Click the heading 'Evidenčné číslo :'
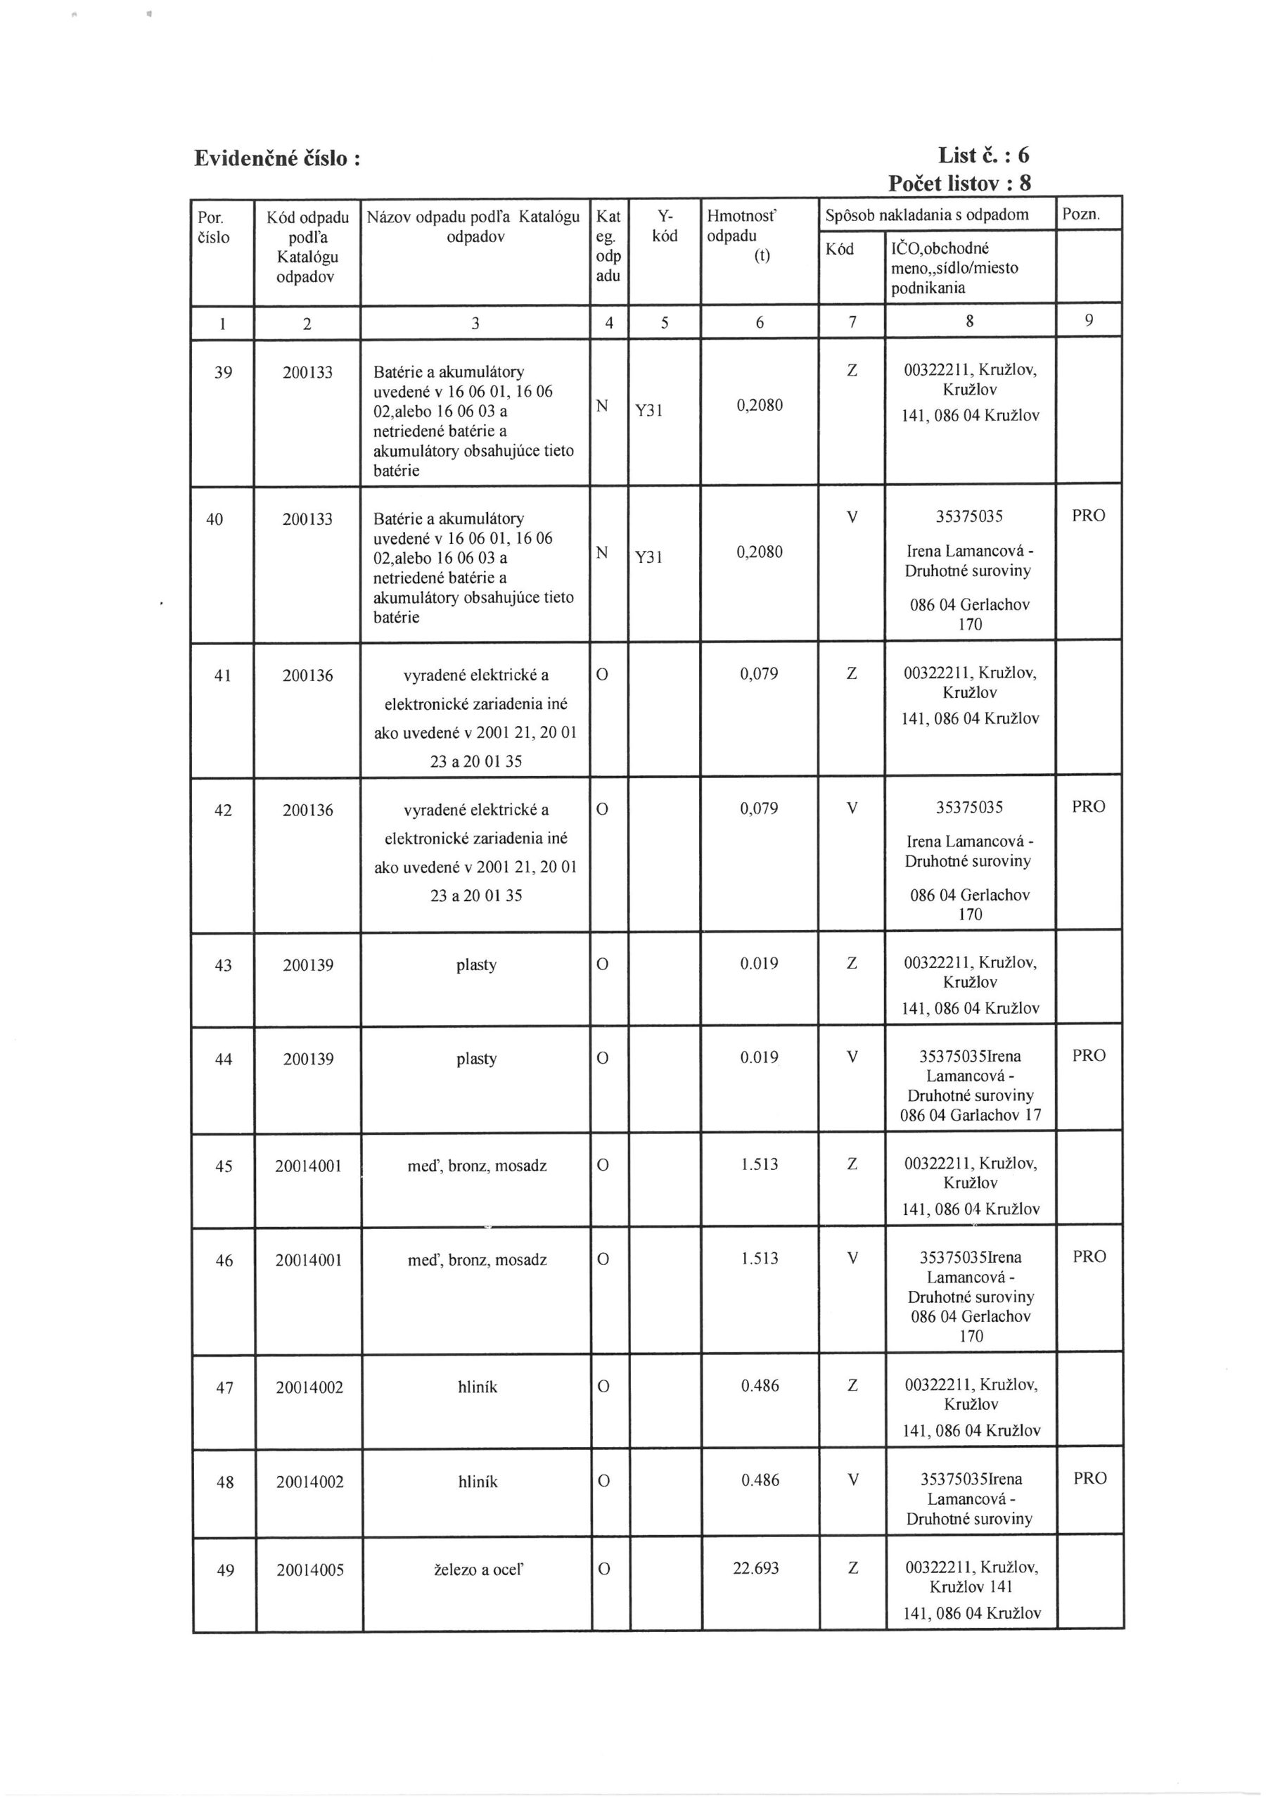pyautogui.click(x=277, y=158)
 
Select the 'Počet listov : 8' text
pyautogui.click(x=959, y=184)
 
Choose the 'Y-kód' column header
pyautogui.click(x=665, y=226)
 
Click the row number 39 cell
pyautogui.click(x=223, y=373)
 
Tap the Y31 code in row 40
pyautogui.click(x=648, y=558)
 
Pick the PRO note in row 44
pyautogui.click(x=1089, y=1056)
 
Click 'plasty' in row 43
pyautogui.click(x=476, y=965)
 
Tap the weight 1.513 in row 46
pyautogui.click(x=760, y=1259)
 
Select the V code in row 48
pyautogui.click(x=852, y=1479)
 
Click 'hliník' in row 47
pyautogui.click(x=477, y=1387)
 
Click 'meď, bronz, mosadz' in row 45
pyautogui.click(x=477, y=1166)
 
